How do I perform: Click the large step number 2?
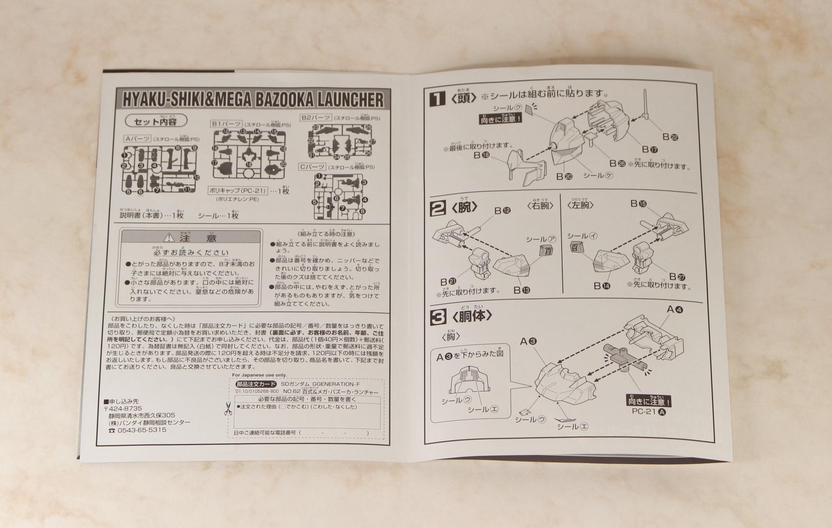coord(438,208)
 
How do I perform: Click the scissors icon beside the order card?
coord(228,408)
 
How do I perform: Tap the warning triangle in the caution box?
coord(169,238)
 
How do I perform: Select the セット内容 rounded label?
coord(156,121)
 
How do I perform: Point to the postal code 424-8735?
coord(125,408)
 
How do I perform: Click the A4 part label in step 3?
coord(674,310)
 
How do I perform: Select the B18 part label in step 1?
coord(481,155)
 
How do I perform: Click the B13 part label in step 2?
coord(522,290)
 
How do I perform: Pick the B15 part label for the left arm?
coord(638,204)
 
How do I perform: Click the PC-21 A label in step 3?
coord(649,412)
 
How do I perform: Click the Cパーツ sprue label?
coord(312,167)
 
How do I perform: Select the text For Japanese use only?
coord(259,375)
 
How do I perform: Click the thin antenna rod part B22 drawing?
coord(645,105)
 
